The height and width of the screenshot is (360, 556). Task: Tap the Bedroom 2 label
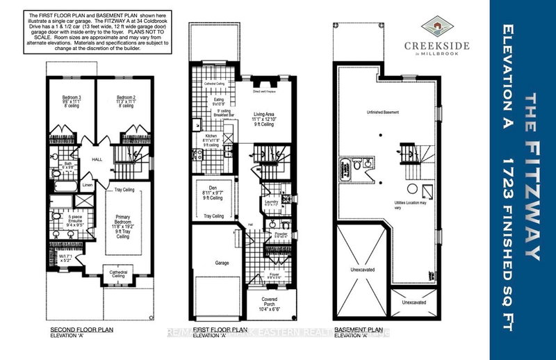[125, 97]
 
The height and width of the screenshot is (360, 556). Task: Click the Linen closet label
[87, 186]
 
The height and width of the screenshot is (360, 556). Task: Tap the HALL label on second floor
[97, 159]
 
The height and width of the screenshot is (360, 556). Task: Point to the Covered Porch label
[272, 301]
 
